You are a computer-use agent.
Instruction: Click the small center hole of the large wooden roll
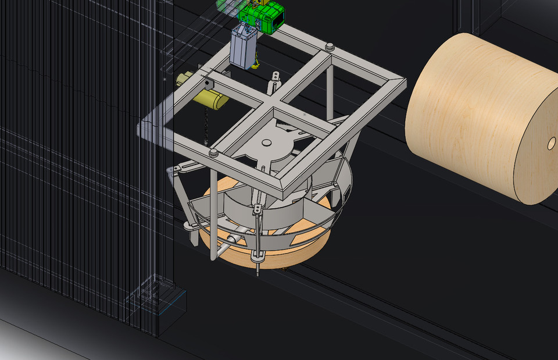click(550, 142)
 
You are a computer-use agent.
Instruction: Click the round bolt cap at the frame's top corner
click(330, 46)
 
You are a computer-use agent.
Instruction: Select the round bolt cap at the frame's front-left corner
click(213, 153)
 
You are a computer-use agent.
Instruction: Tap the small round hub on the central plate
click(267, 142)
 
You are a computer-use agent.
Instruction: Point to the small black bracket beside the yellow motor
click(208, 85)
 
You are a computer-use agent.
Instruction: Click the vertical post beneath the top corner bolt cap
click(330, 87)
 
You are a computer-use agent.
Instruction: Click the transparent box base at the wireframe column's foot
click(166, 302)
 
